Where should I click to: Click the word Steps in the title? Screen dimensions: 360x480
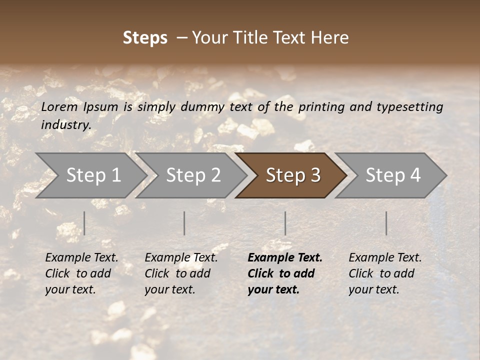(x=145, y=38)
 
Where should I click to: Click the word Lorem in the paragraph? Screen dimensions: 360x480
(x=59, y=106)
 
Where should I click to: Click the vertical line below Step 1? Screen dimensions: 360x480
(x=84, y=223)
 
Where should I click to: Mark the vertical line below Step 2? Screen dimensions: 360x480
(x=184, y=223)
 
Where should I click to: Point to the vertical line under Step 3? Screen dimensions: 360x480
(x=285, y=223)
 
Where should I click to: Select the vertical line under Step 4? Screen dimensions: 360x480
(x=386, y=223)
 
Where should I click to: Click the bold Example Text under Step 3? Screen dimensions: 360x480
(x=285, y=258)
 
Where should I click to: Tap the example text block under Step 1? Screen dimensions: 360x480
(x=81, y=273)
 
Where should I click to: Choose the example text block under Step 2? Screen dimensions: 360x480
(x=181, y=273)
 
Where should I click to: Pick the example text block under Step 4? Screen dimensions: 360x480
(x=385, y=273)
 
